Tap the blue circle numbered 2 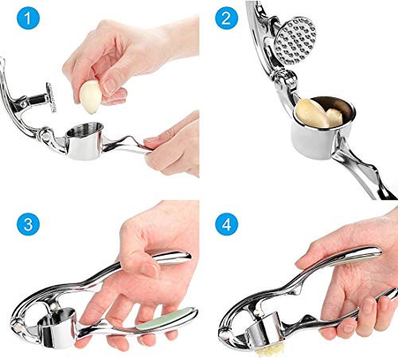tap(226, 18)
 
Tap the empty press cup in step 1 tap(85, 140)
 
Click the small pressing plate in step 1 tap(52, 96)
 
